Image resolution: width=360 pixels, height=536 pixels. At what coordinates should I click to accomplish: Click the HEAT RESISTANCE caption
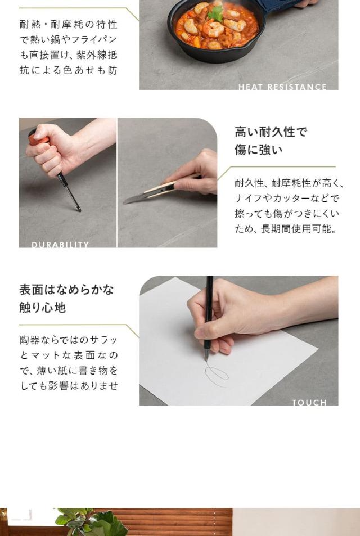[282, 87]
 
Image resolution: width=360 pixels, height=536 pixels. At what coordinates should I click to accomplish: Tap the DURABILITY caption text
[60, 245]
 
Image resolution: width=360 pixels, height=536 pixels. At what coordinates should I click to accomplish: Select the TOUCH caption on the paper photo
[309, 402]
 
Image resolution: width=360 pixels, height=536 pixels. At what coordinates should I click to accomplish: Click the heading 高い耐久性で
[271, 132]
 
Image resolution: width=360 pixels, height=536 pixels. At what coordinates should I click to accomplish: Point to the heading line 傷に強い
[259, 150]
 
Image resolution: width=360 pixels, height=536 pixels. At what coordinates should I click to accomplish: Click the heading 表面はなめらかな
[66, 290]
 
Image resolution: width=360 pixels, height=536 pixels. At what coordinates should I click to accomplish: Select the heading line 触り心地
[43, 308]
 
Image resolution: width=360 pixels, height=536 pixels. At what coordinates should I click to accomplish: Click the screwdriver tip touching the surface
[79, 210]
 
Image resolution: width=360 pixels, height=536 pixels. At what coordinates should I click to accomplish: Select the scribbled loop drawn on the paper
[217, 375]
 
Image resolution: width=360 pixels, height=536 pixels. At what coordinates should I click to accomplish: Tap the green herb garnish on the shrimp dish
[215, 14]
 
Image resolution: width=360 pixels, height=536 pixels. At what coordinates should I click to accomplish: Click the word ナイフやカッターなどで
[287, 199]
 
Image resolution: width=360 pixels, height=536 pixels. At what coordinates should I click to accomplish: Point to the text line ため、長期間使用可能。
[286, 229]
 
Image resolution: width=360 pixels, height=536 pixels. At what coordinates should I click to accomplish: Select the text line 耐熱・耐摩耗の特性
[69, 25]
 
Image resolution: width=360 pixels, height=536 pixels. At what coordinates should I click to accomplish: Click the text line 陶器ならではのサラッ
[69, 340]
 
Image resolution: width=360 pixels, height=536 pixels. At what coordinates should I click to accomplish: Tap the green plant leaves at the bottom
[93, 523]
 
